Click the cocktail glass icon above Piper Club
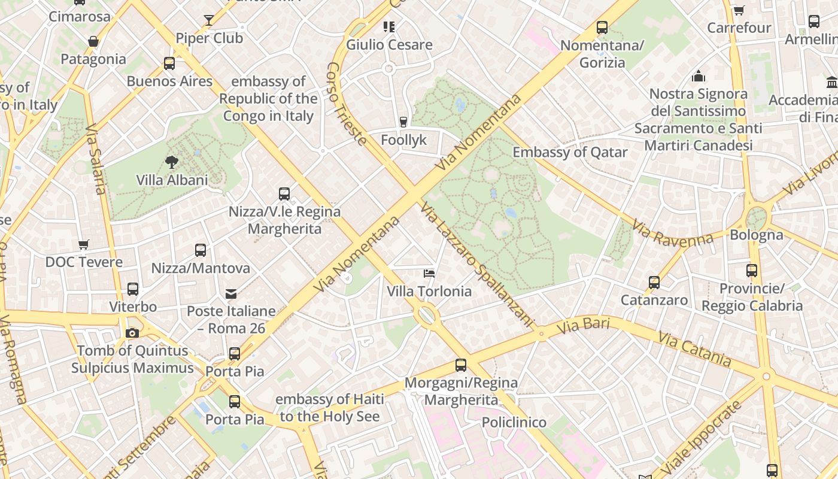tap(208, 20)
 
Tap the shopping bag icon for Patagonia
tap(93, 41)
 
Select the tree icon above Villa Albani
tap(172, 162)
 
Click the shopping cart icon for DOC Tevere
tap(84, 244)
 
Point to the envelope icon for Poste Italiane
tap(231, 293)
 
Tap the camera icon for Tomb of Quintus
tap(132, 333)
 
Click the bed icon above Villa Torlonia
tap(429, 274)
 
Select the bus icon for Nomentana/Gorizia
tap(602, 28)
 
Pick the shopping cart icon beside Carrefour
tap(739, 10)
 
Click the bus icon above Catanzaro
tap(654, 282)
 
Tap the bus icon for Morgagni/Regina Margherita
tap(460, 365)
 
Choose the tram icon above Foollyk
tap(403, 122)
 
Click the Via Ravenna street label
tap(673, 233)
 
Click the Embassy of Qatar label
tap(570, 152)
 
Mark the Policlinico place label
tap(514, 422)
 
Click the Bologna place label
tap(756, 235)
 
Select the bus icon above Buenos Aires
tap(169, 63)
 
